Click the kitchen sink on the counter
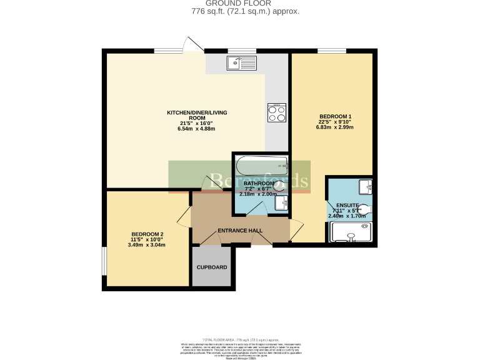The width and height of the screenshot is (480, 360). [x=241, y=62]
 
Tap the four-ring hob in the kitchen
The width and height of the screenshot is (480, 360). [x=276, y=112]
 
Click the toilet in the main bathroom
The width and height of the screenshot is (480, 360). [x=278, y=185]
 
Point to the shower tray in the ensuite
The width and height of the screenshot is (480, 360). [x=351, y=232]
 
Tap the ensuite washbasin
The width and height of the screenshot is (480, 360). [x=366, y=186]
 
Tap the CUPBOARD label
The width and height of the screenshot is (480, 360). [x=212, y=267]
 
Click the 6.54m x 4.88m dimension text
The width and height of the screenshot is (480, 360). [x=196, y=129]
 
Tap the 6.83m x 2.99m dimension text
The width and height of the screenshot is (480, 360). [x=335, y=127]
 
